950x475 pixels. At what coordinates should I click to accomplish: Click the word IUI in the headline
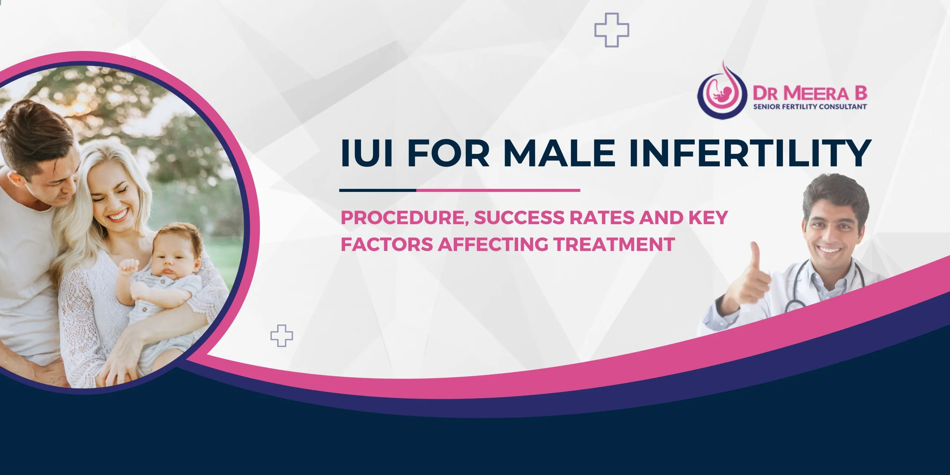pyautogui.click(x=366, y=153)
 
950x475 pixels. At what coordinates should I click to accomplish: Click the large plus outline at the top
pyautogui.click(x=612, y=30)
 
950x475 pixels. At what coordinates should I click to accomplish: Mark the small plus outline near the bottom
pyautogui.click(x=282, y=335)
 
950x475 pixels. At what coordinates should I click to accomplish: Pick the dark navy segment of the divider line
pyautogui.click(x=378, y=190)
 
